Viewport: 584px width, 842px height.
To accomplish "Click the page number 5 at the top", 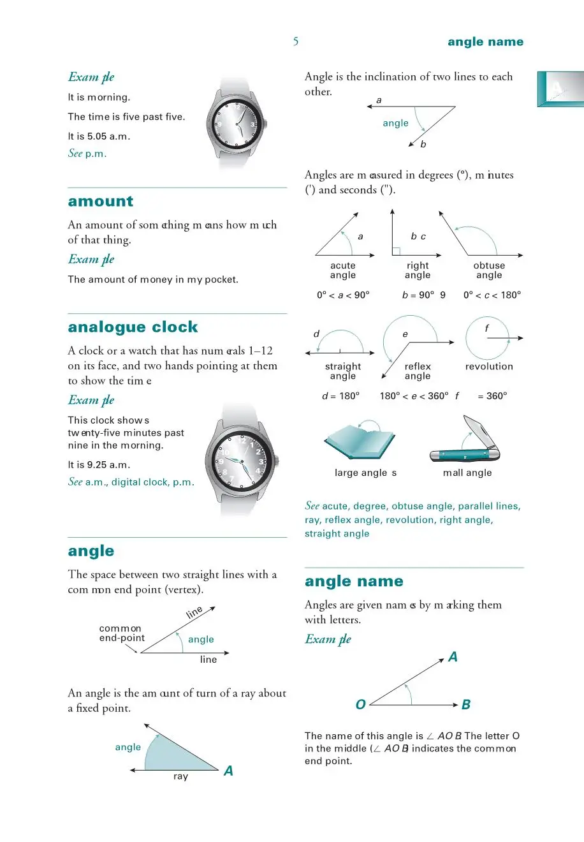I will click(296, 41).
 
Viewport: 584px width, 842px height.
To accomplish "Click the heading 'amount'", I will click(101, 202).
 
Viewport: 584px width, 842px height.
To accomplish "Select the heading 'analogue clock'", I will click(133, 327).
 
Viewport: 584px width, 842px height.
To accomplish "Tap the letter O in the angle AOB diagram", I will click(360, 705).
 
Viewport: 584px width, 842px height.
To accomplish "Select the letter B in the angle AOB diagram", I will click(466, 705).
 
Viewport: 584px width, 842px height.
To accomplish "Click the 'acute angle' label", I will click(343, 270).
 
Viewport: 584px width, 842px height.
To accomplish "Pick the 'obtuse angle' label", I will click(489, 270).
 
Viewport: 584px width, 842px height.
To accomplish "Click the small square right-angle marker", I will click(396, 251).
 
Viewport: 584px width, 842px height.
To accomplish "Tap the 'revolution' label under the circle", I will click(489, 367).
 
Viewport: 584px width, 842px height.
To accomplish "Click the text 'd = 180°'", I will click(341, 396).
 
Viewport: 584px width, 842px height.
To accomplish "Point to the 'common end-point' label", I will click(121, 633).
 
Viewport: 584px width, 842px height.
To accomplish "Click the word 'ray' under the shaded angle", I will click(180, 777).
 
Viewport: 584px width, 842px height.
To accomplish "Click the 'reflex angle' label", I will click(418, 371).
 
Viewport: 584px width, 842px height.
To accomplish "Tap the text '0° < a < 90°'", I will click(343, 295).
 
